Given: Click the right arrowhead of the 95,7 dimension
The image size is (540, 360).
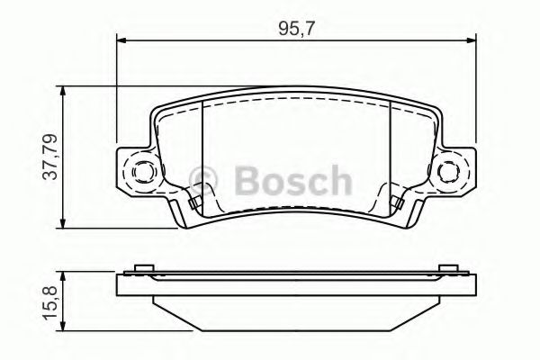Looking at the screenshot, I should pyautogui.click(x=471, y=40).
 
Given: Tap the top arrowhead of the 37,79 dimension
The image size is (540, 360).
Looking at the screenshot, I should pyautogui.click(x=62, y=90).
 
